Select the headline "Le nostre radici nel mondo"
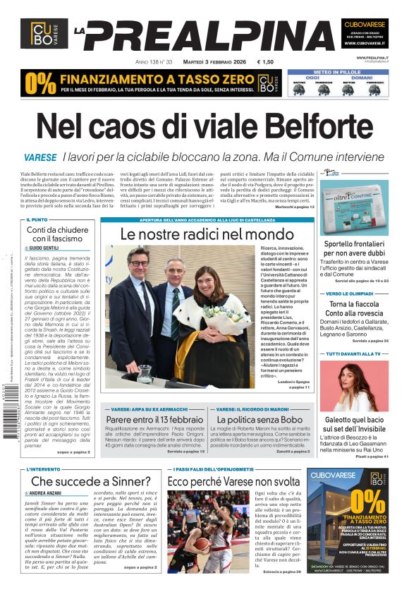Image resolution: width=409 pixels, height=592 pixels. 206,234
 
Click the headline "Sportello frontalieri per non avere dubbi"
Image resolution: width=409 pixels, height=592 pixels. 354,248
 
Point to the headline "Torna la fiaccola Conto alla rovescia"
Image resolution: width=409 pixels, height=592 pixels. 354,309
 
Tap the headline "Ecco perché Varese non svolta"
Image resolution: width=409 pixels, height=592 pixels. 234,481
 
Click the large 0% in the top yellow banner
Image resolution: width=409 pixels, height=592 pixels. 39,82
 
